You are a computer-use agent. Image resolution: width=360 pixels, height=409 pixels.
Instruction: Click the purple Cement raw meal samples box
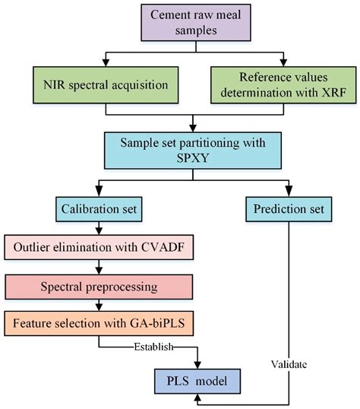coord(196,23)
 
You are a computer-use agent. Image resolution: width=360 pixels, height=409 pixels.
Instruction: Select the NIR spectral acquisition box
coord(106,85)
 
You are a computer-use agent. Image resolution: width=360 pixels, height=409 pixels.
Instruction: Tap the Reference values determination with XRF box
coord(283,85)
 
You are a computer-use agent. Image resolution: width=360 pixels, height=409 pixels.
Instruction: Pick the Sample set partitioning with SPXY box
coord(193,151)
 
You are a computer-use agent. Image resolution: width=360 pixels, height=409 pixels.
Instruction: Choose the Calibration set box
coord(99,209)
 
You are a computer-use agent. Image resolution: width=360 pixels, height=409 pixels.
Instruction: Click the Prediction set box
coord(289,209)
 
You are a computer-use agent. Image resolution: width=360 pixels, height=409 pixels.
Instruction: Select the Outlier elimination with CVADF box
coord(99,247)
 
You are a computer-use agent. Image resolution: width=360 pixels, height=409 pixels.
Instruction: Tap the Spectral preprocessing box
coord(99,287)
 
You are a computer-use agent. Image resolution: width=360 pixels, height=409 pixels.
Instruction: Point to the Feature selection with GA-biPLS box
coord(99,323)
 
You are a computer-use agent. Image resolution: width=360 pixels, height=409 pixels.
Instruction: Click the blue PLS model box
coord(197,381)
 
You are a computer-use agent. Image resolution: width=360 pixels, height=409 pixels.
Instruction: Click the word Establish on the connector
coord(153,347)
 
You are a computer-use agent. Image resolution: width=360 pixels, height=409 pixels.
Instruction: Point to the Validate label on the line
coord(289,364)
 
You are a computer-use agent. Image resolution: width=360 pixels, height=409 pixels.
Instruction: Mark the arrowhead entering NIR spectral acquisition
coord(106,62)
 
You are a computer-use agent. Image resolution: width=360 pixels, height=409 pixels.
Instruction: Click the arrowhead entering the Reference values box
coord(283,62)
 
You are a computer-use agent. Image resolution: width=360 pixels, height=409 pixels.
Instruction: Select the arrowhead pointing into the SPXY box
coord(193,128)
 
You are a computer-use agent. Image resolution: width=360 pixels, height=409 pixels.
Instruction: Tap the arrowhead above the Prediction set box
coord(289,192)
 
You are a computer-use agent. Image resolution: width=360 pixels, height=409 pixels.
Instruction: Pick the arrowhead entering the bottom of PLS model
coord(197,398)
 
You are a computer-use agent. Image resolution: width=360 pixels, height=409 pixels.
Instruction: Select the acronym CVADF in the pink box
coord(163,247)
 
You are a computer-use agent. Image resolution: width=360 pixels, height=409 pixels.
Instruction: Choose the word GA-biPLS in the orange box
coord(157,323)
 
